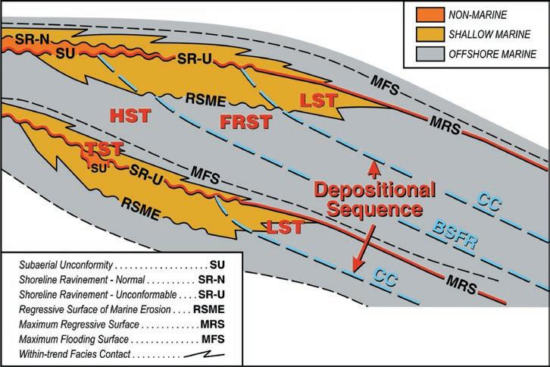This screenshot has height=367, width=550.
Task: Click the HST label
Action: click(x=131, y=115)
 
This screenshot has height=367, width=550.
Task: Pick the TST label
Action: click(x=104, y=149)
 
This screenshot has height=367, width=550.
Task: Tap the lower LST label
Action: click(x=285, y=227)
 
